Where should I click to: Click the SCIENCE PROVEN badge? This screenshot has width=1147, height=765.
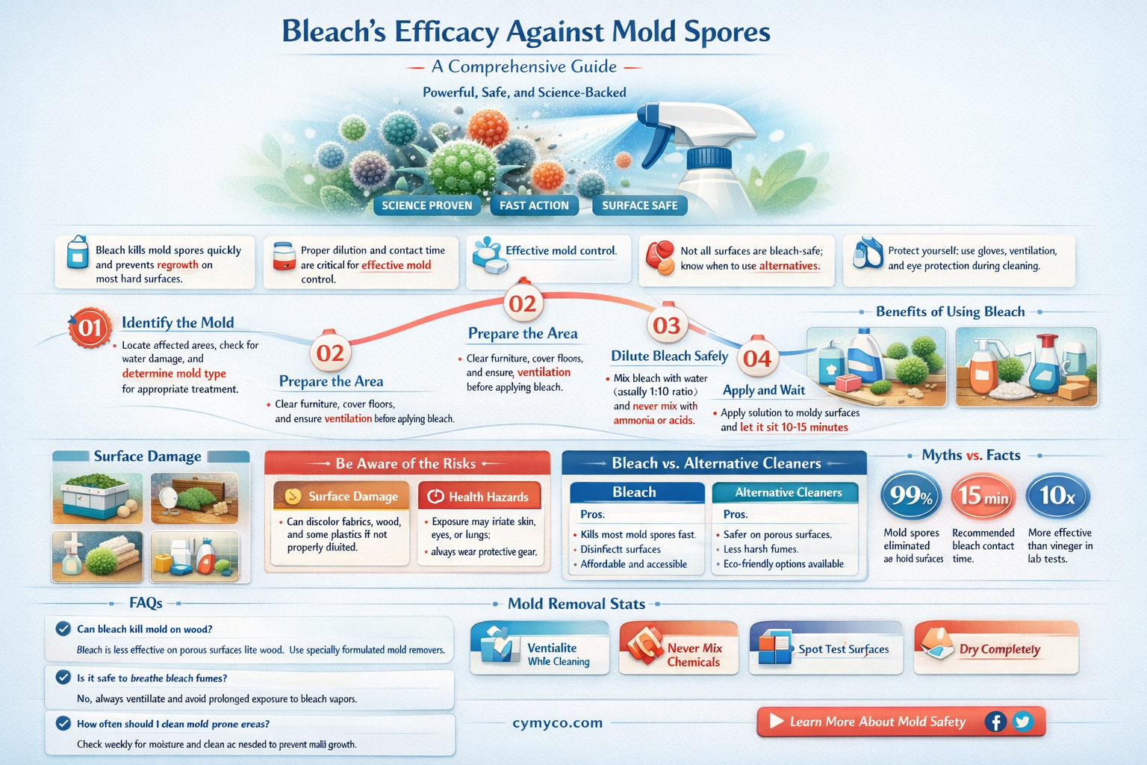click(426, 205)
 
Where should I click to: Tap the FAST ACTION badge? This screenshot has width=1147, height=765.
click(534, 205)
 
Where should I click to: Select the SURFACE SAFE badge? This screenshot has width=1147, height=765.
click(639, 205)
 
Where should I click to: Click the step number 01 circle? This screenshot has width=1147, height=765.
click(90, 328)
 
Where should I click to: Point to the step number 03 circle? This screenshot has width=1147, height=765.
click(666, 325)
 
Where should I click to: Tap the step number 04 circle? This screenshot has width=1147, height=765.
click(756, 359)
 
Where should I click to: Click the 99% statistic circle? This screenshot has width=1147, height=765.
click(911, 495)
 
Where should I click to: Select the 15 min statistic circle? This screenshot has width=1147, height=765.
click(983, 495)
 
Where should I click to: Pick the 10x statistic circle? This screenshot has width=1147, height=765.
click(1057, 495)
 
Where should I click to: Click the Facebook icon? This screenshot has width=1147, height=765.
click(995, 722)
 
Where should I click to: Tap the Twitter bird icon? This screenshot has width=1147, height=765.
click(1022, 722)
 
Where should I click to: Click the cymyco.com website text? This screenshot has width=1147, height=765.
click(557, 722)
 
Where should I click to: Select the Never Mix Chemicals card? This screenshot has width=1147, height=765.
click(678, 648)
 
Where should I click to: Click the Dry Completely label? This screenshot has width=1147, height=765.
click(999, 649)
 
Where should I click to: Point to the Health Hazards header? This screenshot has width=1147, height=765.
click(479, 497)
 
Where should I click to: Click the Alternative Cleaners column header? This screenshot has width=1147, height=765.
click(788, 492)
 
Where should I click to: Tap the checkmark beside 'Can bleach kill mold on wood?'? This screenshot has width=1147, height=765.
click(63, 629)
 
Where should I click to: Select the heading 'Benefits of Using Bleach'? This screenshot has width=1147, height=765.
click(950, 312)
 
